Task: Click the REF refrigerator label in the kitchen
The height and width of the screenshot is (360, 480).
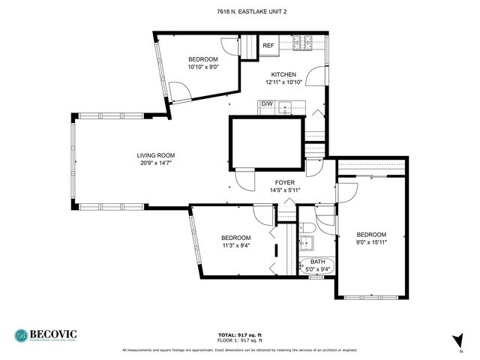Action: coord(268,46)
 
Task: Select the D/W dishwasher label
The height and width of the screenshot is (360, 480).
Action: coord(267,103)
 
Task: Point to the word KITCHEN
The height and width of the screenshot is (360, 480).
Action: coord(283,74)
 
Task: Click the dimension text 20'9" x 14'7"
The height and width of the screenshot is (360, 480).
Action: coord(151,163)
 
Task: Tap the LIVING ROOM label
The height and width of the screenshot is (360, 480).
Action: coord(151,155)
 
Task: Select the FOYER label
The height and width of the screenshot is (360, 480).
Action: coord(284,182)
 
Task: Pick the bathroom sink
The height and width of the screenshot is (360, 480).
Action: coord(306,244)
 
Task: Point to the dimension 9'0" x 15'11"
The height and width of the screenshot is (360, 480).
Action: coord(371,242)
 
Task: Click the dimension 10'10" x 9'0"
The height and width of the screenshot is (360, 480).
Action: coord(202,67)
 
